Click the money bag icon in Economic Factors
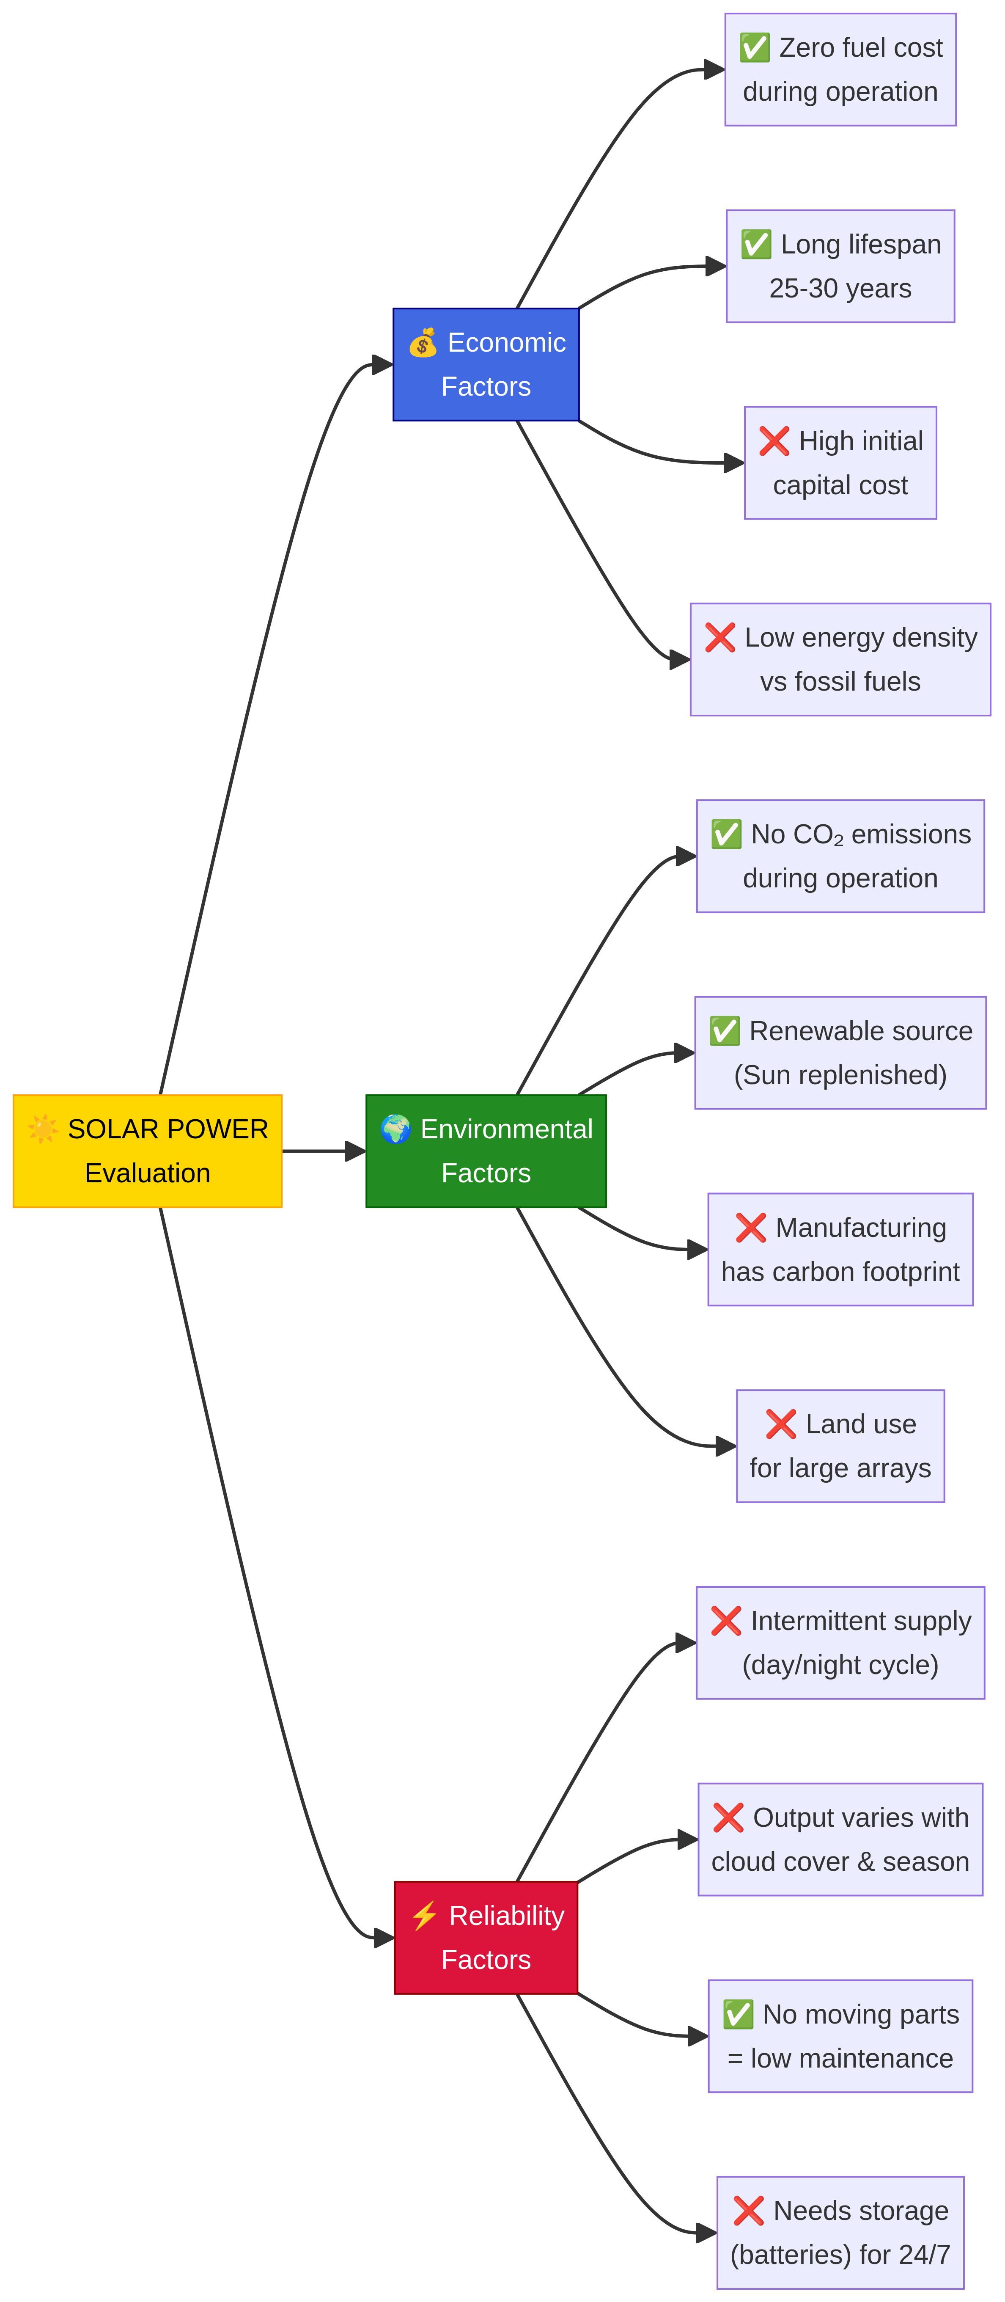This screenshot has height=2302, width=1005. (423, 342)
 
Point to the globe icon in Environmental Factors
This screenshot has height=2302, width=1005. (395, 1129)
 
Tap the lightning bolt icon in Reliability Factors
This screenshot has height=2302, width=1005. (424, 1915)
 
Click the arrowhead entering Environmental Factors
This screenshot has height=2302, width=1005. (356, 1151)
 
